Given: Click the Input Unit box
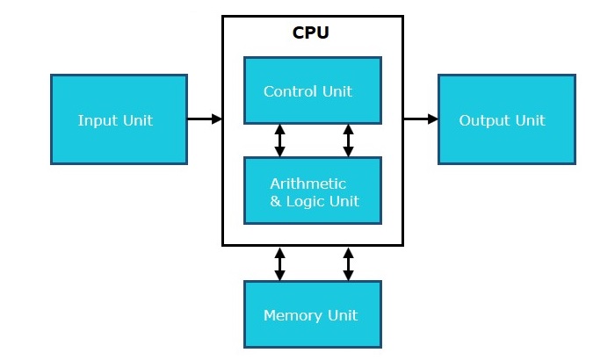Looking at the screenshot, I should (x=119, y=119).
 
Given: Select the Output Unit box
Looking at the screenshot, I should (x=507, y=119).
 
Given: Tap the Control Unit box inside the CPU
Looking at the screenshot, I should (x=312, y=90).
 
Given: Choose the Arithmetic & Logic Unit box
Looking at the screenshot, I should (x=312, y=191).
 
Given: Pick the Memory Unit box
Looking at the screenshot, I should (x=312, y=313).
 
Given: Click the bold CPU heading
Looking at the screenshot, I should (x=311, y=34).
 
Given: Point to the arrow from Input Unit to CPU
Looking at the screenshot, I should (x=204, y=119).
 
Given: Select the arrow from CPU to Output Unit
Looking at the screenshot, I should (x=420, y=119).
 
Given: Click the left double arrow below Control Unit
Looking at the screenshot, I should (x=279, y=140).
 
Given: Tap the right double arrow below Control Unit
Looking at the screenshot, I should (x=348, y=140).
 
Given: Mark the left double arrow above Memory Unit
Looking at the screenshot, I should (x=279, y=263).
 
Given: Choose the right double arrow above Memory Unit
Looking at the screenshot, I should (x=348, y=263).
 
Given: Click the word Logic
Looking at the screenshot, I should (x=307, y=202).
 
